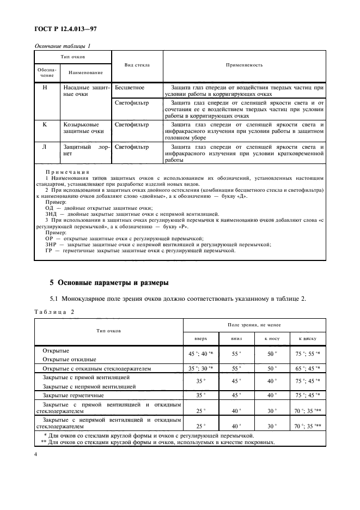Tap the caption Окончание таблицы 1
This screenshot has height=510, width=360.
click(62, 46)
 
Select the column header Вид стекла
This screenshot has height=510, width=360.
click(137, 65)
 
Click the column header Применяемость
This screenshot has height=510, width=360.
click(245, 65)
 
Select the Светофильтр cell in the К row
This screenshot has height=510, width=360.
click(132, 125)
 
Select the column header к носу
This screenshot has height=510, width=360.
click(271, 338)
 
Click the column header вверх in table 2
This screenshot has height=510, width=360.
click(201, 338)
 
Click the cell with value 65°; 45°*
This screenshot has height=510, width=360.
click(308, 369)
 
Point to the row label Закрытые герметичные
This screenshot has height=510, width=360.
click(73, 395)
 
